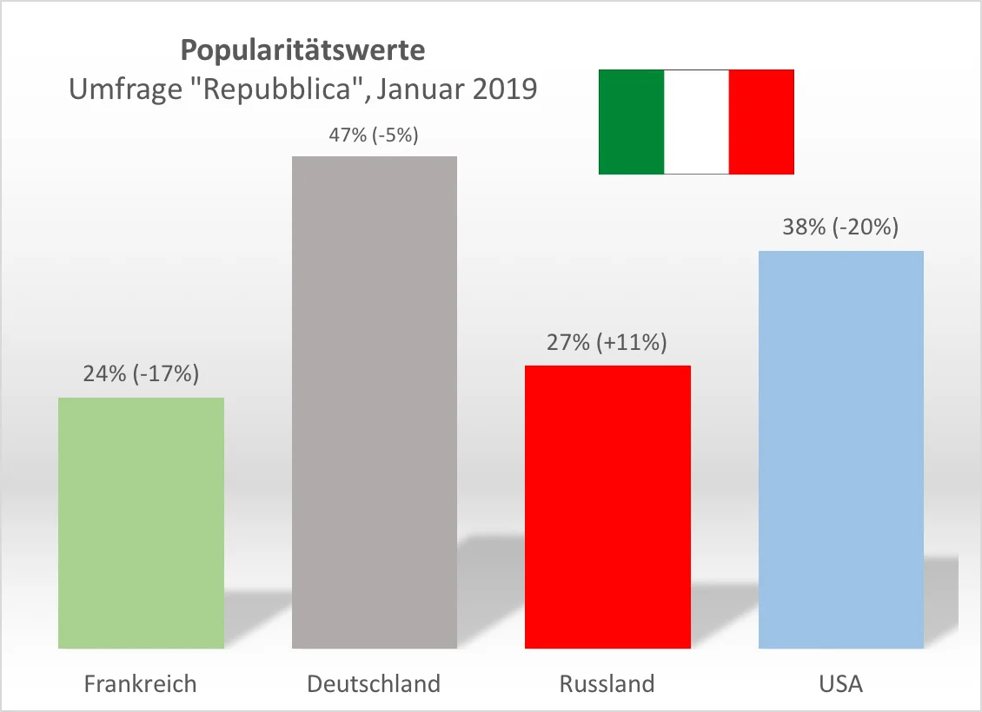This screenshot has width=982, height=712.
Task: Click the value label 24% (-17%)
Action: pyautogui.click(x=141, y=374)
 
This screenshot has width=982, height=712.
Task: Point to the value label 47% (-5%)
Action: pyautogui.click(x=374, y=135)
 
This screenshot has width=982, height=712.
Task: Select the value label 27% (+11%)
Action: pyautogui.click(x=607, y=342)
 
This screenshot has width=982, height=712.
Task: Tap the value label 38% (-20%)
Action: pyautogui.click(x=839, y=227)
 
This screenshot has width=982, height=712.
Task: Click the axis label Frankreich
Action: pyautogui.click(x=141, y=684)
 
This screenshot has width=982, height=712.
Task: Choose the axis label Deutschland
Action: pyautogui.click(x=374, y=684)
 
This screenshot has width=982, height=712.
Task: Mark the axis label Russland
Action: pyautogui.click(x=607, y=684)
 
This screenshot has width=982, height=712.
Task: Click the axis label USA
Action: pyautogui.click(x=840, y=684)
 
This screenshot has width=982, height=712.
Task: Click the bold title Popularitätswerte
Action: pyautogui.click(x=303, y=50)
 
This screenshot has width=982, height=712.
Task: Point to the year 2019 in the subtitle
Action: pyautogui.click(x=504, y=89)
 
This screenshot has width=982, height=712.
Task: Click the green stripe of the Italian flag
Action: pyautogui.click(x=631, y=122)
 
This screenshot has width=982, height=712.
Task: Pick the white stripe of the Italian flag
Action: pyautogui.click(x=696, y=122)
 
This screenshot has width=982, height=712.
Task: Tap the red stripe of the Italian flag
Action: pyautogui.click(x=761, y=122)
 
